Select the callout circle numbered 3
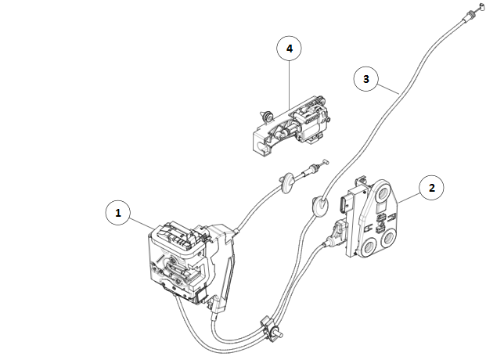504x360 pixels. click(x=365, y=78)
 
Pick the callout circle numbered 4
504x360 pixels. click(x=290, y=48)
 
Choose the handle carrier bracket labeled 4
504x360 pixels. click(x=290, y=125)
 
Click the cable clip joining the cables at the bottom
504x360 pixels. click(x=266, y=322)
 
